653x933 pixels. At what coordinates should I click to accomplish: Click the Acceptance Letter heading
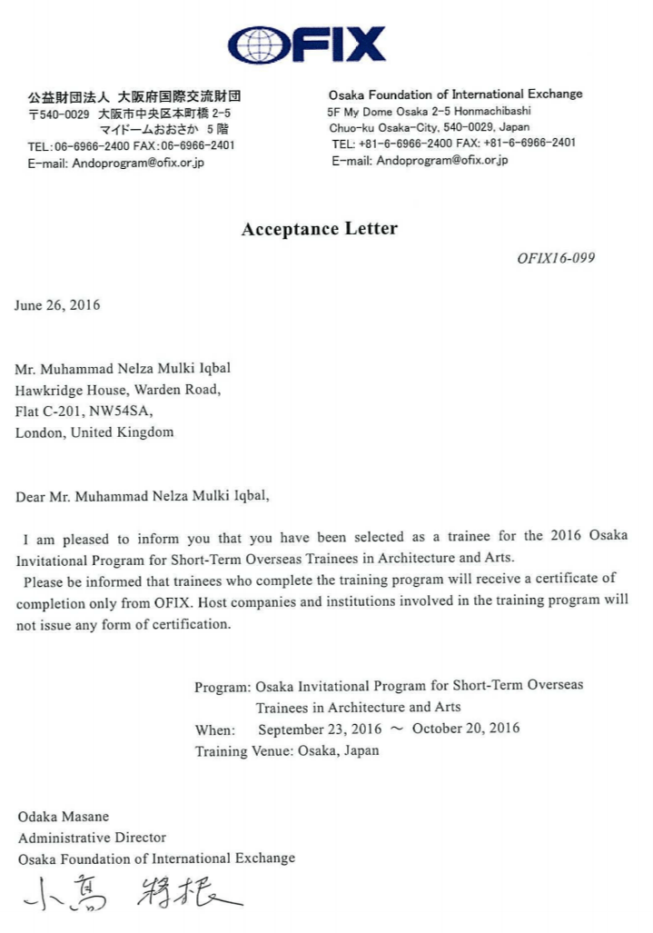tap(319, 229)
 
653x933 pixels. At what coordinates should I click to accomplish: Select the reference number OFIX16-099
tap(556, 257)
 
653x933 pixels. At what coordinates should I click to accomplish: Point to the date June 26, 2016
tap(57, 305)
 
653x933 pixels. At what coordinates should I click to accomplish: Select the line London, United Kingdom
tap(94, 432)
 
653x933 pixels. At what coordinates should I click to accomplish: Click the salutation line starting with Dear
tap(143, 496)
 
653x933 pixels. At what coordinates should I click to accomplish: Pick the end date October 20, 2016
tap(466, 729)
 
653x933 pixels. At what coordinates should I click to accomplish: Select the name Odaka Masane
tap(63, 817)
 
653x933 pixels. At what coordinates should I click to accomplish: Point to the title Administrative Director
tap(92, 838)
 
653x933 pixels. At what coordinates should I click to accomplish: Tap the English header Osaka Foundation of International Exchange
tap(455, 94)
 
